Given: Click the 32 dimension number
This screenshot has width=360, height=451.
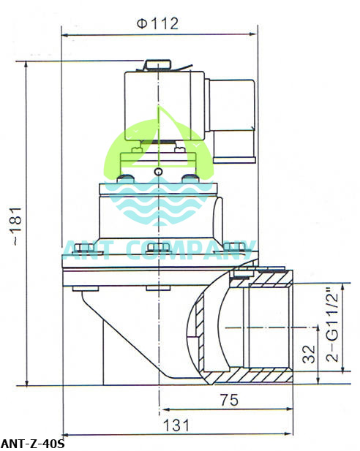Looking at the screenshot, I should [x=308, y=355].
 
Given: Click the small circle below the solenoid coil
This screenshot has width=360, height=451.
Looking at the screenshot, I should [x=159, y=172].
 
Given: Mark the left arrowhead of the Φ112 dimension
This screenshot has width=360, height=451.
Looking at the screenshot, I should [x=65, y=34].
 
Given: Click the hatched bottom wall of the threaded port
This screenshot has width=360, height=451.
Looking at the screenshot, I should [x=249, y=378].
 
